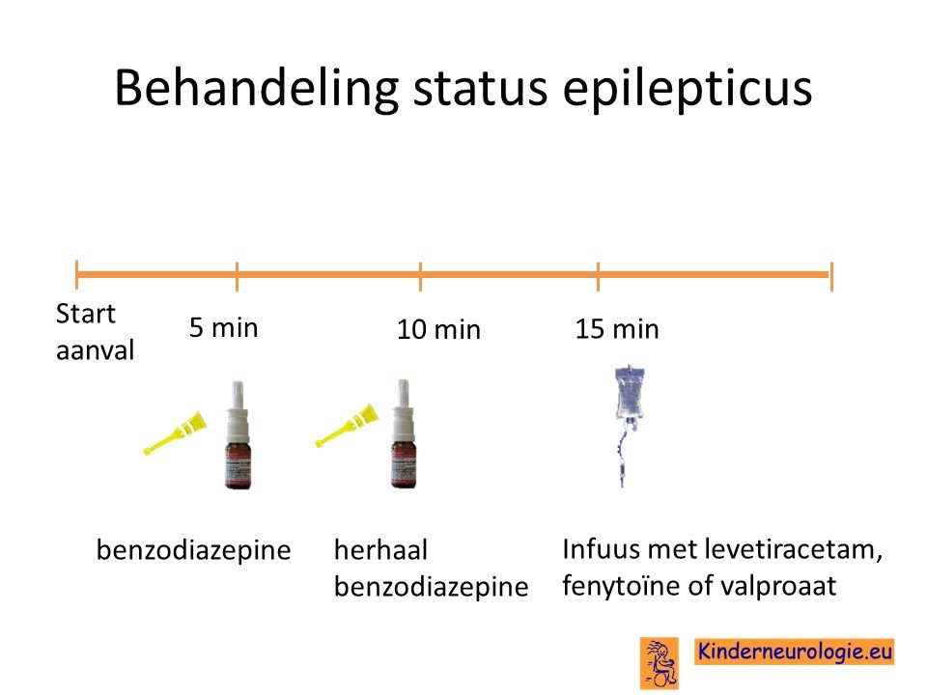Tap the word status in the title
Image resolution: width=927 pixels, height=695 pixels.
point(480,89)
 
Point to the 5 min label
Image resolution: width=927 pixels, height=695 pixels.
point(223,327)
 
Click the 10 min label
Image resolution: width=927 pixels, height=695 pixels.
point(438,329)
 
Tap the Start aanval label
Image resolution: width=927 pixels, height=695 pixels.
point(95,331)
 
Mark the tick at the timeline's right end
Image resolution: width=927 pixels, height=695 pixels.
point(831,276)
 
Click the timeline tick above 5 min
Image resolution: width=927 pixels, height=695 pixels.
point(237,276)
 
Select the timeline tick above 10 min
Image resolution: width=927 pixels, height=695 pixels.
point(420,276)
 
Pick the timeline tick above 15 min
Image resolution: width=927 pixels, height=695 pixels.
point(598,276)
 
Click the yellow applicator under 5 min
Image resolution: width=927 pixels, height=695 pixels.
point(175,433)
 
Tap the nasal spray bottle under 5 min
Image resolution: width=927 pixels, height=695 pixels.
point(238,435)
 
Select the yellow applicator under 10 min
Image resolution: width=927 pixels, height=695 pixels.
point(346,425)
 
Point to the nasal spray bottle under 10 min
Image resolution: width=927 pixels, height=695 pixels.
point(404,433)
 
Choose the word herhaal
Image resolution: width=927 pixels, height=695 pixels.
point(380,549)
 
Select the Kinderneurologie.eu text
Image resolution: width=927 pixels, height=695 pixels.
point(795,652)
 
